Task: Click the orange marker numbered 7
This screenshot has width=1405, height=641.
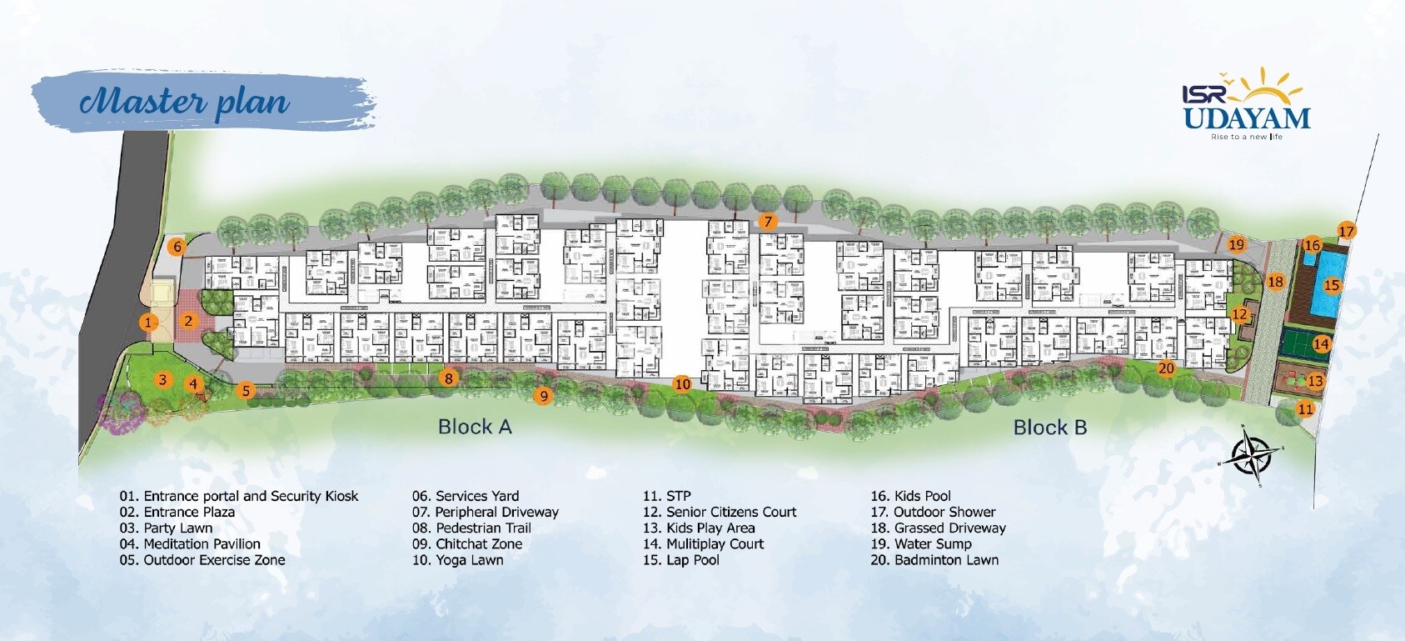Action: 768,222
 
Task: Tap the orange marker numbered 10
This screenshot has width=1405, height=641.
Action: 682,384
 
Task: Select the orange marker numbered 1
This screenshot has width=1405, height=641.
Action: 148,323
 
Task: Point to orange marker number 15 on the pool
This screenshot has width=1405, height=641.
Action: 1332,285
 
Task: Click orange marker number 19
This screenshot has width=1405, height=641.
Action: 1236,244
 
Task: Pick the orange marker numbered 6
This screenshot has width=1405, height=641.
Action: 177,247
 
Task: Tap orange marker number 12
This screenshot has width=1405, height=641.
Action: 1239,314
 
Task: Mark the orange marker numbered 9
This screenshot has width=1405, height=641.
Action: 544,396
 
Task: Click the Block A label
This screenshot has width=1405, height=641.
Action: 475,427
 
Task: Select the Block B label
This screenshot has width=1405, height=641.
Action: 1049,428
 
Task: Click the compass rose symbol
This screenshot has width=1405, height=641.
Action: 1252,456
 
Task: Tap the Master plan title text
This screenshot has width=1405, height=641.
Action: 185,102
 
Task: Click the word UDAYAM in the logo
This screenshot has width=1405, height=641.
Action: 1247,118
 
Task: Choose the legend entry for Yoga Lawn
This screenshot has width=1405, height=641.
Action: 458,560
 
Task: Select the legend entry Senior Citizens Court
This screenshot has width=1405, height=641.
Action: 720,512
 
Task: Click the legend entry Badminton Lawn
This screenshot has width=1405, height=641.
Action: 934,560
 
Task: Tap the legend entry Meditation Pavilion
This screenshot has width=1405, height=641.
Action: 190,544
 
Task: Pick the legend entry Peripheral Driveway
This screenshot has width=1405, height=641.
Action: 486,512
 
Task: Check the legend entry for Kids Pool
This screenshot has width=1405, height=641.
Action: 911,496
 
